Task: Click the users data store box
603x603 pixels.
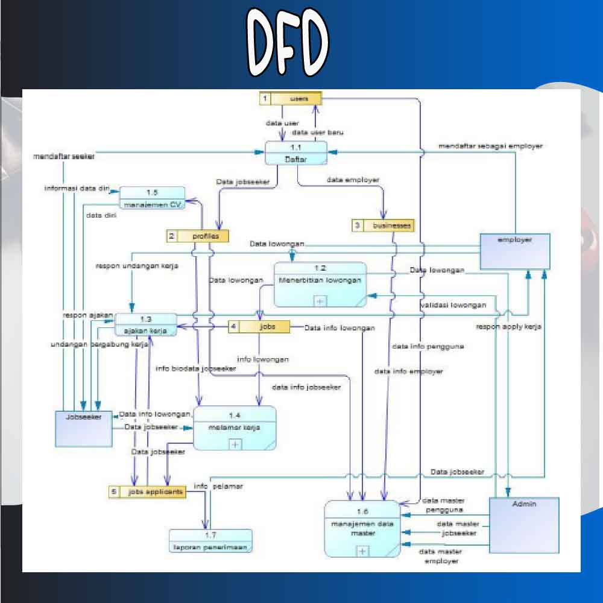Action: point(291,98)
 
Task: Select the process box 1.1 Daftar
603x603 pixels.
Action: point(297,153)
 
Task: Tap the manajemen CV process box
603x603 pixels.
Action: point(152,198)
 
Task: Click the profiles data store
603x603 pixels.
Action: point(198,236)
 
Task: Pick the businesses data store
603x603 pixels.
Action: point(384,226)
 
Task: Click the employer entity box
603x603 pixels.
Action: point(515,251)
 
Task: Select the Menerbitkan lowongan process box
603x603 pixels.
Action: point(320,284)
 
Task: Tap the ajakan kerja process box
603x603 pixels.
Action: point(146,324)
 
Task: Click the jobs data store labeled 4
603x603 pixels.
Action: point(259,327)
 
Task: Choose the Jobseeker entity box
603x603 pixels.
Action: point(83,429)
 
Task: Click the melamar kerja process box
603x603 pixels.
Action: point(234,428)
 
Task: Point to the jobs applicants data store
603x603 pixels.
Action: point(147,492)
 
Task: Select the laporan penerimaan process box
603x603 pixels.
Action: point(210,541)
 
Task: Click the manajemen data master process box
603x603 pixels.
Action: point(362,528)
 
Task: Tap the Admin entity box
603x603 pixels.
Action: point(524,525)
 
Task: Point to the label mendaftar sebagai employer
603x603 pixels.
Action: point(490,146)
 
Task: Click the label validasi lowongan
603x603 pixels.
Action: point(453,305)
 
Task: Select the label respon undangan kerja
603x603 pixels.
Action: point(136,265)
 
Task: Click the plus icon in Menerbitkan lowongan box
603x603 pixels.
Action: point(320,300)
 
